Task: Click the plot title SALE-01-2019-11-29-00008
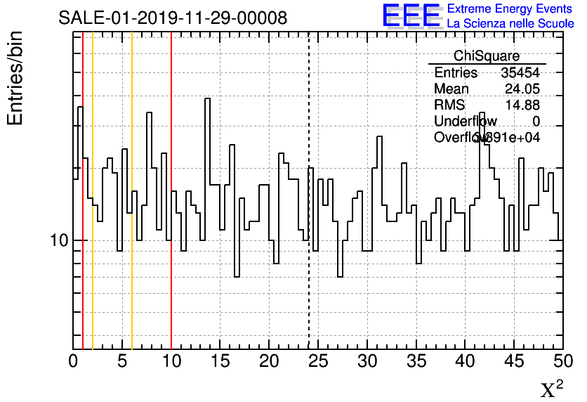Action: click(x=173, y=18)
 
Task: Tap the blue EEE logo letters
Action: click(x=411, y=15)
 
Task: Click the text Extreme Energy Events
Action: click(x=510, y=8)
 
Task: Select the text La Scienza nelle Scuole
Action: click(x=510, y=23)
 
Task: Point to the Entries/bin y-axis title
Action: click(x=15, y=78)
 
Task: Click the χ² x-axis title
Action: click(x=551, y=389)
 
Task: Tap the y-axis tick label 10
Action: click(x=58, y=241)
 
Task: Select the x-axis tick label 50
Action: click(x=562, y=361)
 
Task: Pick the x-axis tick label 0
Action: click(x=73, y=361)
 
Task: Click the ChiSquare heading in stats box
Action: click(x=487, y=56)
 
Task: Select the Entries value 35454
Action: click(x=520, y=72)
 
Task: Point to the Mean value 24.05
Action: click(x=522, y=89)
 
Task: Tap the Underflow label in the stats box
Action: click(x=466, y=122)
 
